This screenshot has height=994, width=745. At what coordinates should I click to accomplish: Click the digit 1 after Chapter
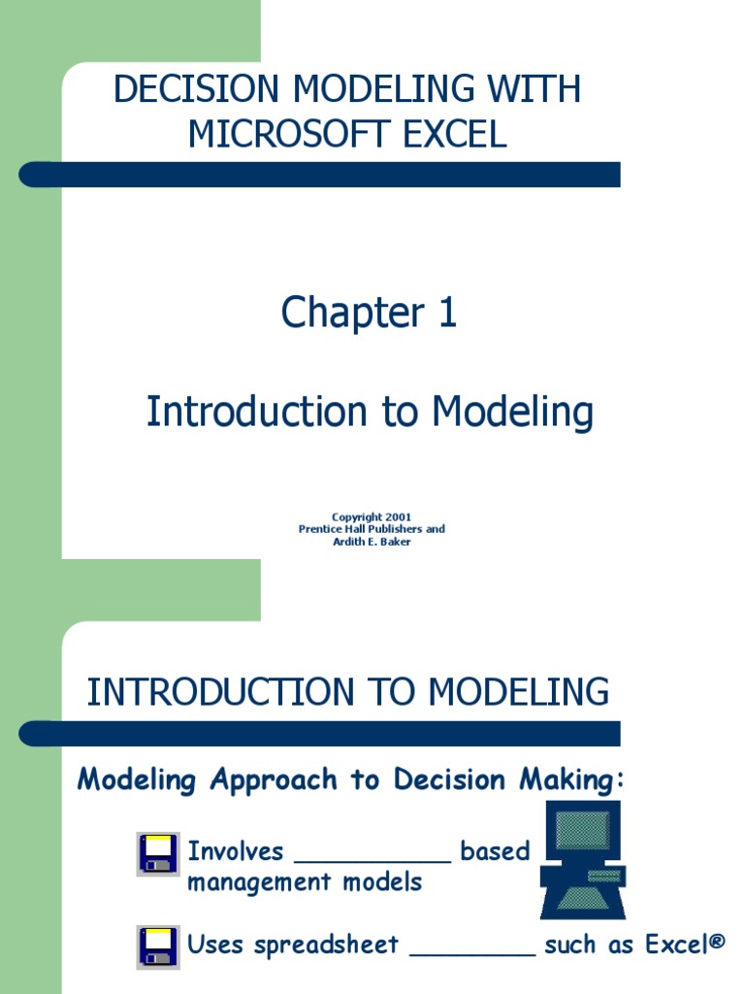(446, 313)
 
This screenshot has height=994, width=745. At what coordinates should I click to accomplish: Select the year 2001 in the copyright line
(397, 517)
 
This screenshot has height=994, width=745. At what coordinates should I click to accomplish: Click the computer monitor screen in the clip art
(582, 831)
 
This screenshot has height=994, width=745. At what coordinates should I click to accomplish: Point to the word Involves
(235, 852)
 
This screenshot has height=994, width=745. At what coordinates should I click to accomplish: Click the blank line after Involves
(372, 858)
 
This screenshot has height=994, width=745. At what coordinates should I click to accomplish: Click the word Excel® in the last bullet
(690, 944)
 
